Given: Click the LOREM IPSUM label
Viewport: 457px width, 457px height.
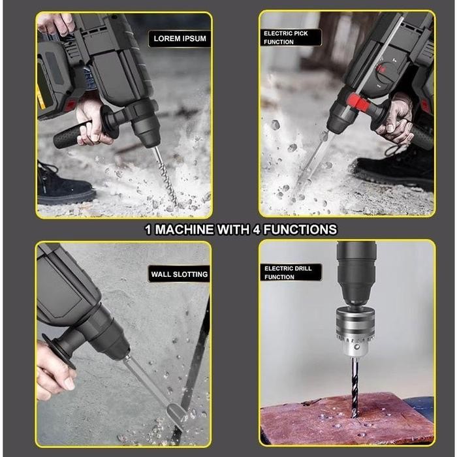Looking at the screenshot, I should point(180,39).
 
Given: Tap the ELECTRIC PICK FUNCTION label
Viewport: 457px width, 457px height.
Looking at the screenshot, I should point(286,37).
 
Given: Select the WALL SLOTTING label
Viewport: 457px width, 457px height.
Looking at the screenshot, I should point(180,274).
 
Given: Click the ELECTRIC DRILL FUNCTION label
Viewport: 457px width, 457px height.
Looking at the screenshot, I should point(288,272).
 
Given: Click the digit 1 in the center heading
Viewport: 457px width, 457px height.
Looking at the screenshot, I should point(148,229).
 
